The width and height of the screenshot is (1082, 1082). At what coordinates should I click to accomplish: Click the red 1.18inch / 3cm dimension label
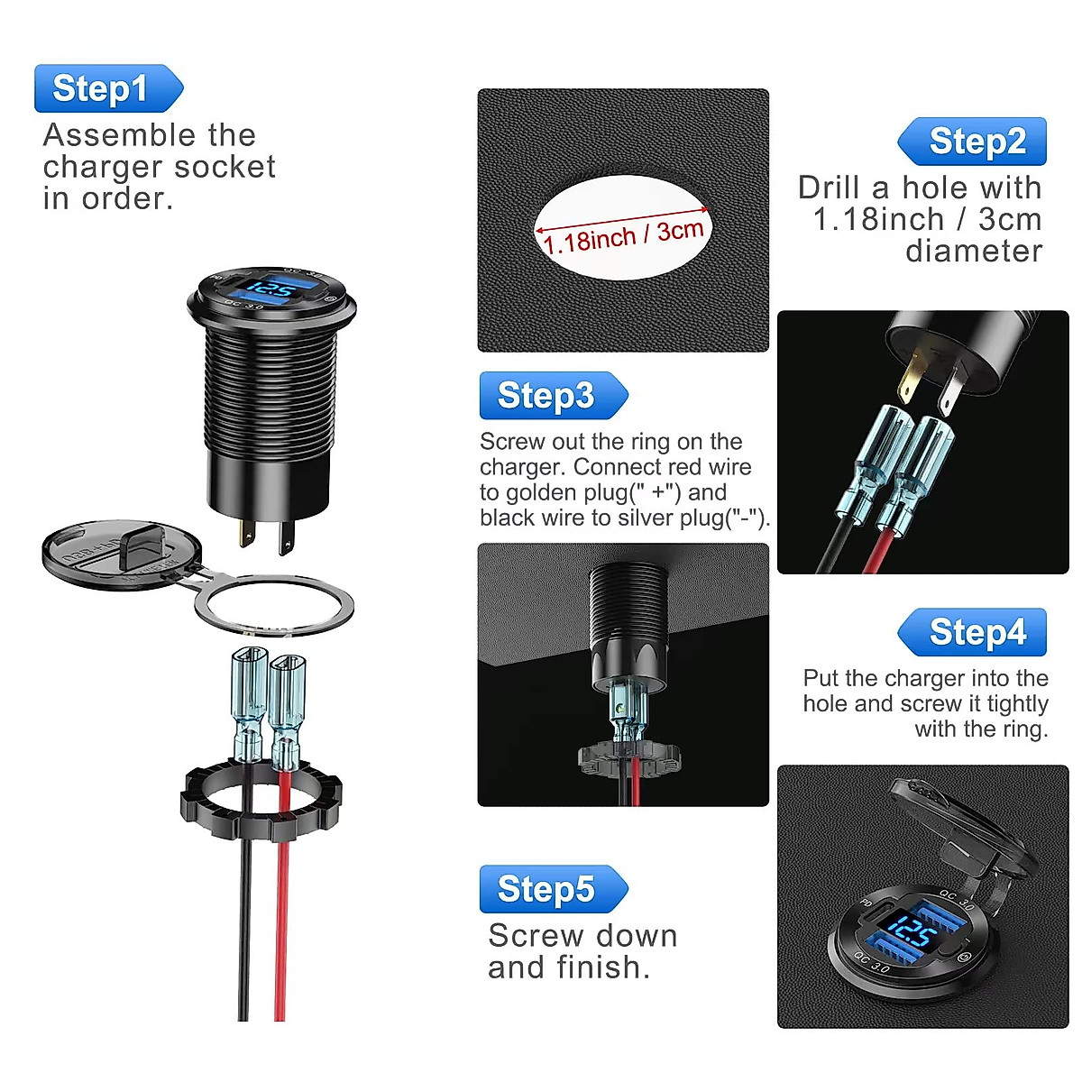tap(623, 236)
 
